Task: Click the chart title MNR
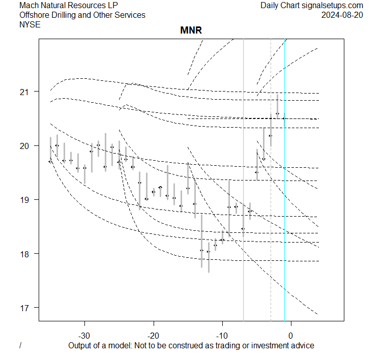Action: pyautogui.click(x=191, y=31)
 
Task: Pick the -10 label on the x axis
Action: pyautogui.click(x=222, y=336)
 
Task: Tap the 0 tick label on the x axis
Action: pyautogui.click(x=291, y=336)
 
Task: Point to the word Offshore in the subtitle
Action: pyautogui.click(x=35, y=15)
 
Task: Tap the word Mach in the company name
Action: pyautogui.click(x=29, y=6)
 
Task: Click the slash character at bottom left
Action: pyautogui.click(x=20, y=346)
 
